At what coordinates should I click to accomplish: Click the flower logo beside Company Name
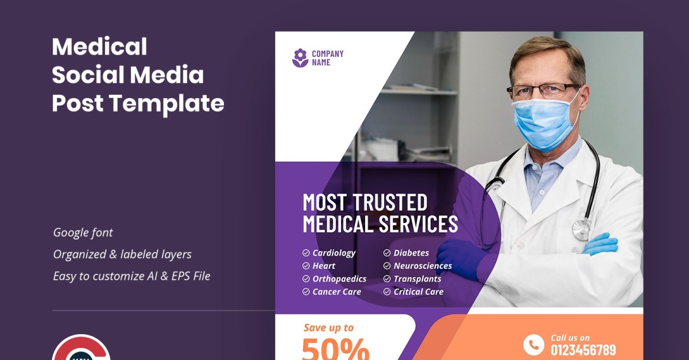pyautogui.click(x=300, y=58)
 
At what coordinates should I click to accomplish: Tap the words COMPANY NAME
pyautogui.click(x=327, y=58)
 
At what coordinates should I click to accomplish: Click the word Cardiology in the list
pyautogui.click(x=334, y=253)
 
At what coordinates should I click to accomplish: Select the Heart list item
pyautogui.click(x=324, y=266)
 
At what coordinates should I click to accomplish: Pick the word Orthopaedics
pyautogui.click(x=339, y=279)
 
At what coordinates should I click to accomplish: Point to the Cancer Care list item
pyautogui.click(x=336, y=292)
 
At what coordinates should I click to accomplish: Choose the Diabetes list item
pyautogui.click(x=411, y=253)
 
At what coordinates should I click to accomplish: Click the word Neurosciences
pyautogui.click(x=423, y=266)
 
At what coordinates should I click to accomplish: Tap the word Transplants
pyautogui.click(x=417, y=279)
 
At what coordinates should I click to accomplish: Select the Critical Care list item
pyautogui.click(x=418, y=292)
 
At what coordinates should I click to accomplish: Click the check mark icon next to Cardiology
pyautogui.click(x=306, y=253)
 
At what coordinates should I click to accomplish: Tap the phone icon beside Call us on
pyautogui.click(x=533, y=344)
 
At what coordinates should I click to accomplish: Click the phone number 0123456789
pyautogui.click(x=583, y=350)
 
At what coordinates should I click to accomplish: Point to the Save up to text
pyautogui.click(x=328, y=328)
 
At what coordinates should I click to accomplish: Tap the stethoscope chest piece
pyautogui.click(x=581, y=230)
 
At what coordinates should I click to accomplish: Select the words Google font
pyautogui.click(x=83, y=233)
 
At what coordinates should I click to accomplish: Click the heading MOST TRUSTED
pyautogui.click(x=365, y=203)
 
